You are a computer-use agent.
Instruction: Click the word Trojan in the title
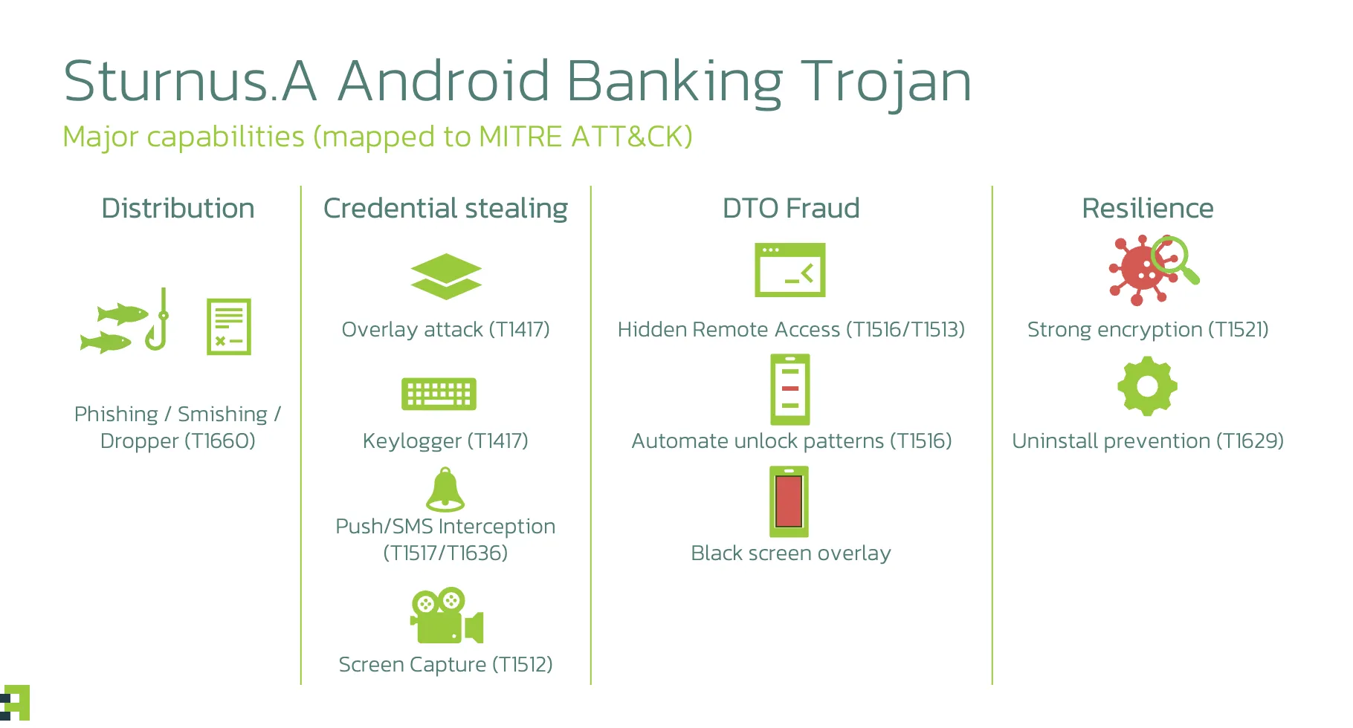point(885,81)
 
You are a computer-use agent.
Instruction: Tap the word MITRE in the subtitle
point(520,137)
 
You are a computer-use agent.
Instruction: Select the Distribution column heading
point(178,209)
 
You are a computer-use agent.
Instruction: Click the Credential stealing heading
point(445,209)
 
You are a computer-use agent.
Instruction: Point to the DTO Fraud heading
point(791,209)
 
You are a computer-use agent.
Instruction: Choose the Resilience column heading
point(1147,209)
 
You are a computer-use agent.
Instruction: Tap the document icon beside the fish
point(229,327)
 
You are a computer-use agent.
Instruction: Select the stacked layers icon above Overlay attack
point(446,276)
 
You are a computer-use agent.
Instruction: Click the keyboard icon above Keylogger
point(439,394)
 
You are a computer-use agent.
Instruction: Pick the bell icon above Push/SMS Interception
point(445,490)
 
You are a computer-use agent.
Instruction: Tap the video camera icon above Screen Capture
point(447,616)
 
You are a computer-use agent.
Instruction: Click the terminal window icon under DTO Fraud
point(790,270)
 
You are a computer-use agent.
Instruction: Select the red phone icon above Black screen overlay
point(789,501)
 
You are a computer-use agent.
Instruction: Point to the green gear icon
point(1147,386)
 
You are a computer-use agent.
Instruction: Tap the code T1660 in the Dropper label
point(219,441)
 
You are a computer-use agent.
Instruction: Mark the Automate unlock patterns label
point(791,441)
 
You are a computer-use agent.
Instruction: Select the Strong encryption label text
point(1114,330)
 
